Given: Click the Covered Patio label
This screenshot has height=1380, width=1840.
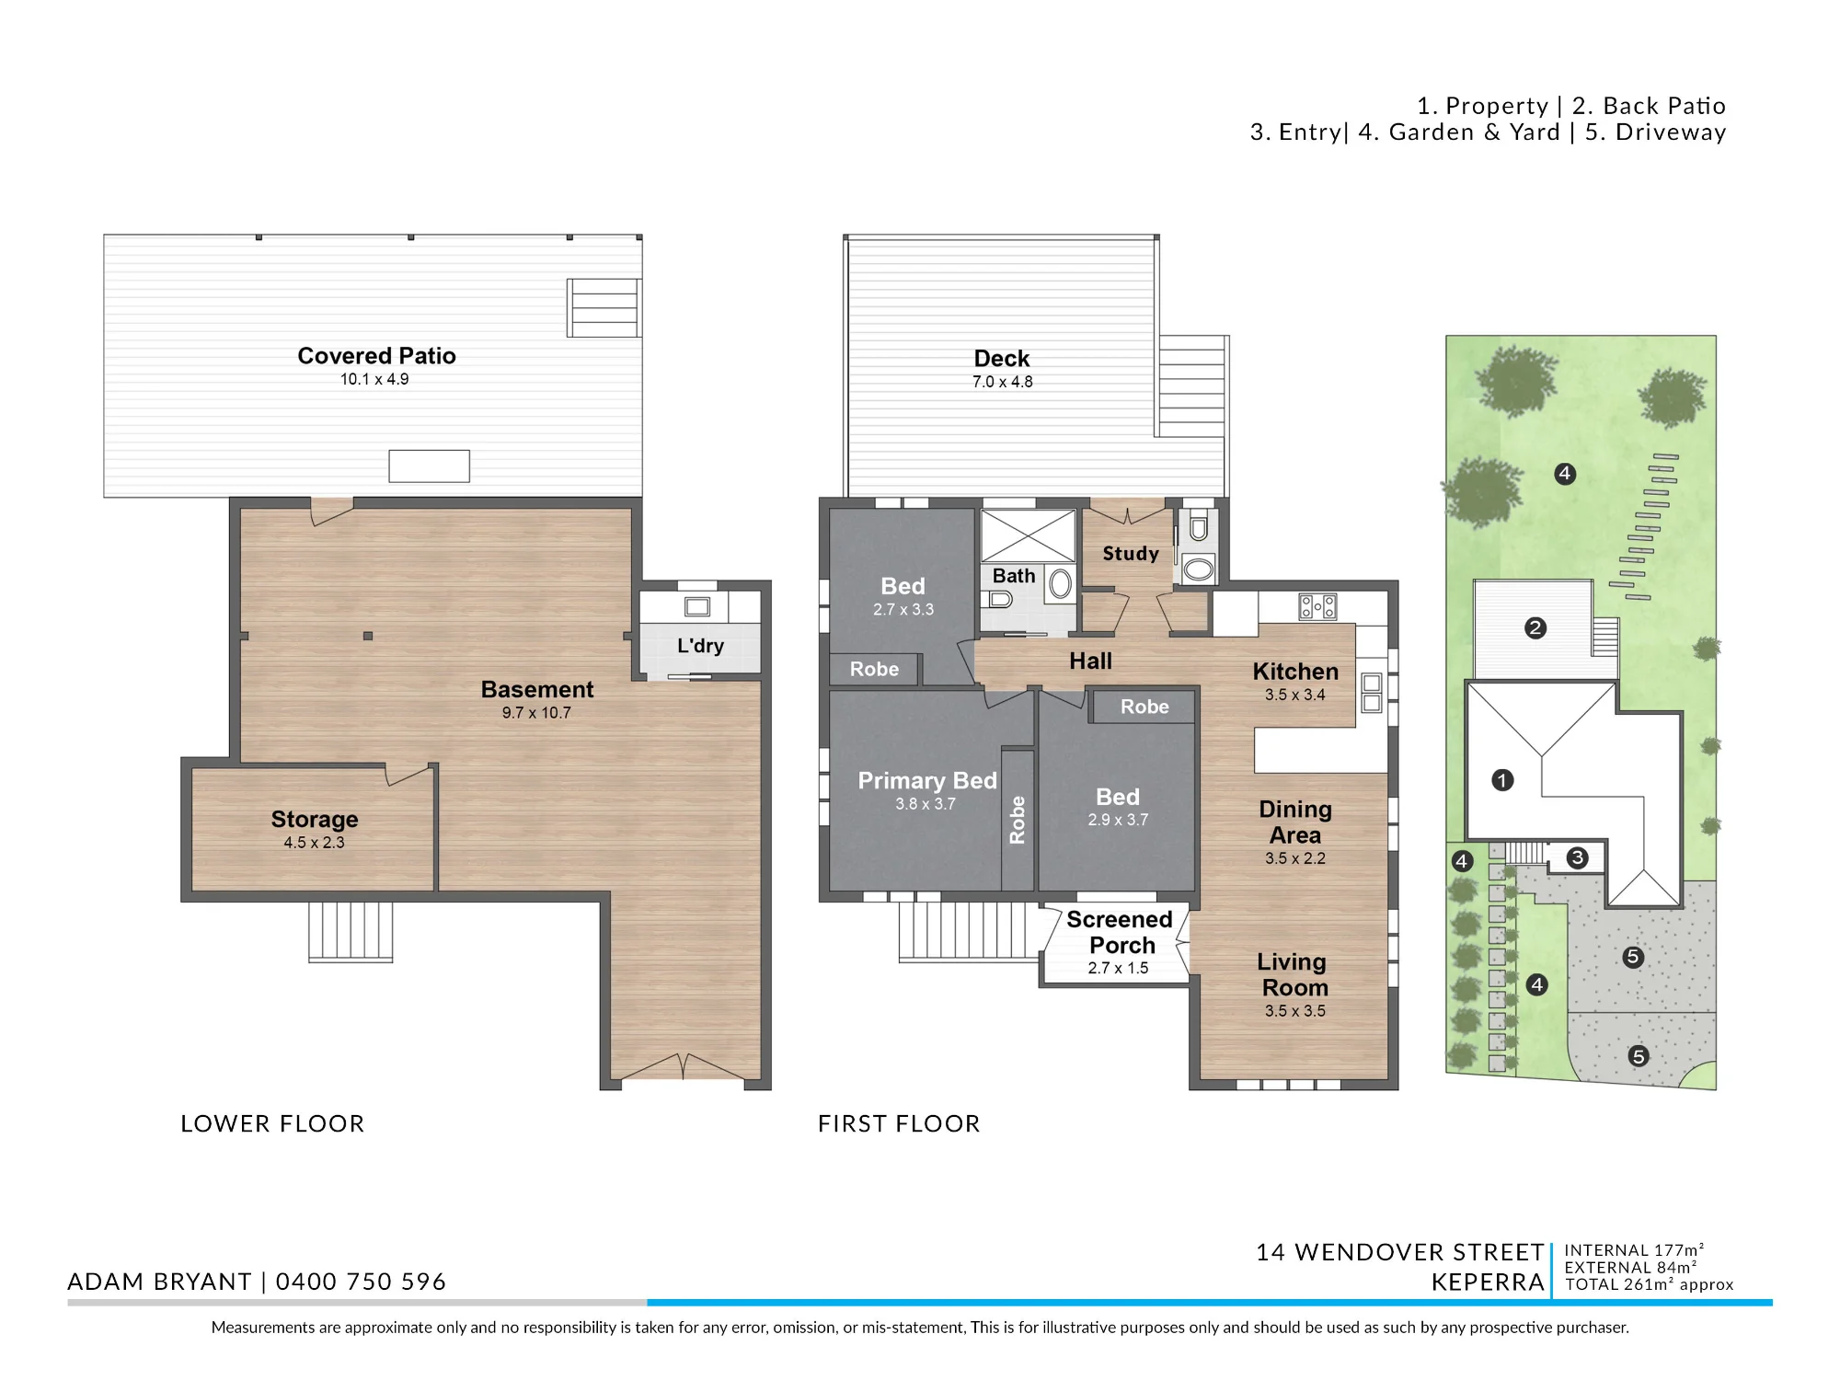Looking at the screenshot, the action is click(376, 356).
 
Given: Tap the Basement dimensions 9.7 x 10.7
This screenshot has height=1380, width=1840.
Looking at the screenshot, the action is click(536, 713).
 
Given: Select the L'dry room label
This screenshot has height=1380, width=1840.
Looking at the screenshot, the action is click(700, 646).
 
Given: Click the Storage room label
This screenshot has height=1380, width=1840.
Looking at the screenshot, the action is click(315, 819).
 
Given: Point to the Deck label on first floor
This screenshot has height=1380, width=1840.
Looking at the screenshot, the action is click(1002, 359).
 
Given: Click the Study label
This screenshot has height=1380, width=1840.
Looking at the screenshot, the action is click(1131, 553).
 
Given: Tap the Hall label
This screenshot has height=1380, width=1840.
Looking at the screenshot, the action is click(1090, 661).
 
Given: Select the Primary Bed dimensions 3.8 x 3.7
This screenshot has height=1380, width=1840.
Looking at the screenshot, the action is click(926, 804).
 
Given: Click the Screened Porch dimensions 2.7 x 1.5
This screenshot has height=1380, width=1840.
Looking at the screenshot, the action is click(1118, 968).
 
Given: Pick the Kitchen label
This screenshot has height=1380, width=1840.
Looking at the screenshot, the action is click(1295, 672).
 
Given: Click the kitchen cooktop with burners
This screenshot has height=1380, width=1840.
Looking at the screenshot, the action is click(1317, 606).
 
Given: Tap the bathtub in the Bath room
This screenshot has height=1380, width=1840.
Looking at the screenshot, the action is click(1028, 535).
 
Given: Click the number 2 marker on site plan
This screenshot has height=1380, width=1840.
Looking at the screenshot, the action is click(1535, 628).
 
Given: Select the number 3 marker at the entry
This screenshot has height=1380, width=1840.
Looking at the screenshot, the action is click(1578, 858).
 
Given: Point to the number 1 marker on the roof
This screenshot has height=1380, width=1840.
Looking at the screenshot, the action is click(1502, 780).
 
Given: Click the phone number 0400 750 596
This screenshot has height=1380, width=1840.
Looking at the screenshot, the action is click(361, 1282).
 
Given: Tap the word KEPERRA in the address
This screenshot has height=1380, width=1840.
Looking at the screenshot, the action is click(1488, 1282).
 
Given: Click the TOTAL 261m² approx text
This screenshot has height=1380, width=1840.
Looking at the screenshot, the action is click(1649, 1284).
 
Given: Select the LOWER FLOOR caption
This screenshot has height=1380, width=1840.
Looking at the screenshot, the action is click(272, 1123).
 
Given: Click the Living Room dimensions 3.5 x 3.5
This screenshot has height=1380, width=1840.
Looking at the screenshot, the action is click(1294, 1011).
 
